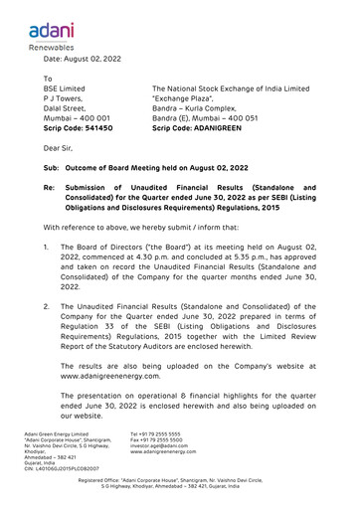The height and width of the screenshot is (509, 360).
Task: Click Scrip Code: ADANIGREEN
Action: (202, 128)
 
